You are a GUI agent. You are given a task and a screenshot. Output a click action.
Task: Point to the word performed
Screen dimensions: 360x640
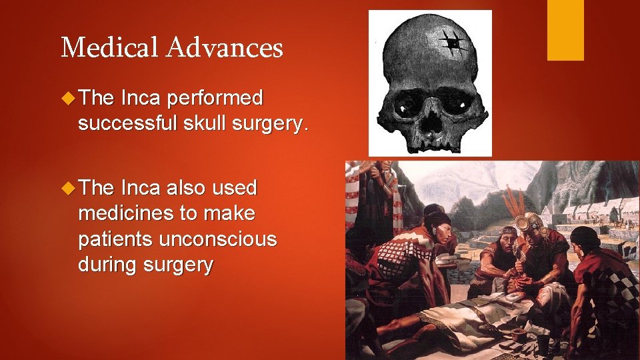[215, 99]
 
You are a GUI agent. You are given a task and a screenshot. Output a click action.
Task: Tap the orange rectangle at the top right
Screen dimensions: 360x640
[565, 30]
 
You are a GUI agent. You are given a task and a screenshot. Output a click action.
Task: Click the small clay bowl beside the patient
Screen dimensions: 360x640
[520, 331]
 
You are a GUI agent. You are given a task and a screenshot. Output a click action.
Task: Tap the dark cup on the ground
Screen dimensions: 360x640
[544, 340]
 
